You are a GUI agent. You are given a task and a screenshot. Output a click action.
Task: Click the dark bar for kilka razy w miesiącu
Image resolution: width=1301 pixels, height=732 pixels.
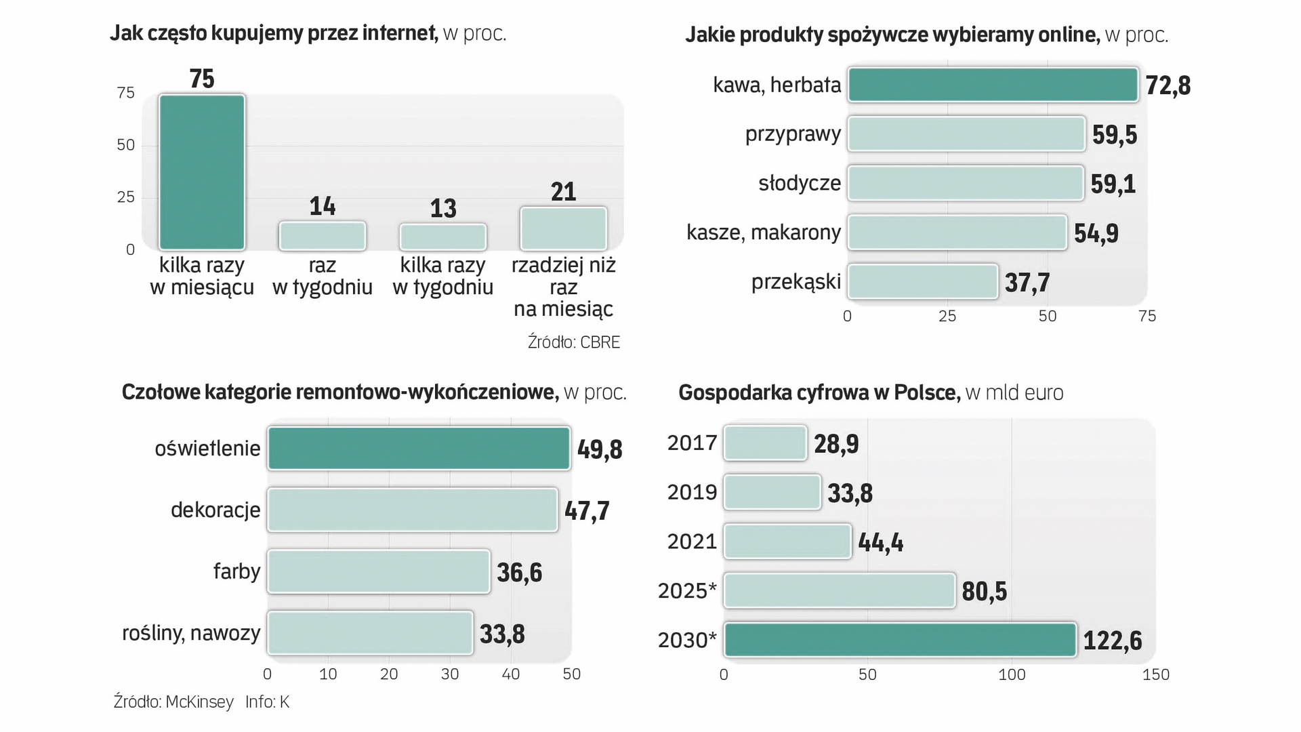coord(202,172)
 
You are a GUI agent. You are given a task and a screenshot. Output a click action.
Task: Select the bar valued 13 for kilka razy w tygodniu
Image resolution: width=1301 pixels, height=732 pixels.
coord(443,237)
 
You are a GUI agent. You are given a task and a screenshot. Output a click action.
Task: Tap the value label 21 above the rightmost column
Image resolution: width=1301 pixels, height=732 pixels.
coord(563,192)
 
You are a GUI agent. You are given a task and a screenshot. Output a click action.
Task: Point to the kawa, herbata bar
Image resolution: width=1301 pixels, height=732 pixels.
coord(993,85)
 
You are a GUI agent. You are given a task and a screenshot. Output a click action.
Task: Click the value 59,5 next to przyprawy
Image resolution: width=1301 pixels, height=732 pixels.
coord(1114,135)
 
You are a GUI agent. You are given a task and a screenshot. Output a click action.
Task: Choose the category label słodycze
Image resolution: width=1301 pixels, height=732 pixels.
coord(800,183)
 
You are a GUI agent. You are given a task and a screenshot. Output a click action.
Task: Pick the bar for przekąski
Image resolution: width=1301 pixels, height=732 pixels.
coord(922,282)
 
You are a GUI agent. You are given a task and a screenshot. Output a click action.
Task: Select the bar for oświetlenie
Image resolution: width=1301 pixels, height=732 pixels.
coord(419,449)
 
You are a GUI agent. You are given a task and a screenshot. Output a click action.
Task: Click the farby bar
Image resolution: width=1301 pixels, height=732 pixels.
coord(378,572)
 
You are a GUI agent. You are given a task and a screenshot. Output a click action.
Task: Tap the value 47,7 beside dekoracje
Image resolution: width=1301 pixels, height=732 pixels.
coord(587,510)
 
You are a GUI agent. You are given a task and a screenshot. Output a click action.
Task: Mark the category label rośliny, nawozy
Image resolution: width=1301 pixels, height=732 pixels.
coord(191,633)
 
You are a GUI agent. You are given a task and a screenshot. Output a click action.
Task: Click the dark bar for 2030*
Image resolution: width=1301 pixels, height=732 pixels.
coord(900,640)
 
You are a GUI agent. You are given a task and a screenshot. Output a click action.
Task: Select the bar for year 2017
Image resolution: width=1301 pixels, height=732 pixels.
coord(765,443)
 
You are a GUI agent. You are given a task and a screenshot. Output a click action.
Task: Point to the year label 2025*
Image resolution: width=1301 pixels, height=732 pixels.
coord(687,591)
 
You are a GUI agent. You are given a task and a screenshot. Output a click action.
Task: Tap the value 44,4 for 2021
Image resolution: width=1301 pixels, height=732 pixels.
coord(880,542)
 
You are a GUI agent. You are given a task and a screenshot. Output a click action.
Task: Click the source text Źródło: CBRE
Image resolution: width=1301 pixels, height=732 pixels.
coord(573,342)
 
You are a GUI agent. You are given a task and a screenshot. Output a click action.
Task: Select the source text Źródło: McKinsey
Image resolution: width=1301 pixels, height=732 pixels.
coord(173,701)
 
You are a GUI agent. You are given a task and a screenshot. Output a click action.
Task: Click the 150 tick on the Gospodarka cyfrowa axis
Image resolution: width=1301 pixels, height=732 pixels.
coord(1155,674)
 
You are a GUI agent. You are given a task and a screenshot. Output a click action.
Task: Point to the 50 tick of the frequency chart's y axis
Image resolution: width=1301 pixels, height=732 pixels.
coord(126,145)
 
